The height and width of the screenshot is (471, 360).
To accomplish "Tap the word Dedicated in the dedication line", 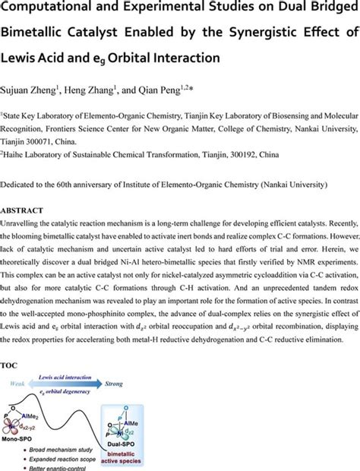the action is pos(24,185).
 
